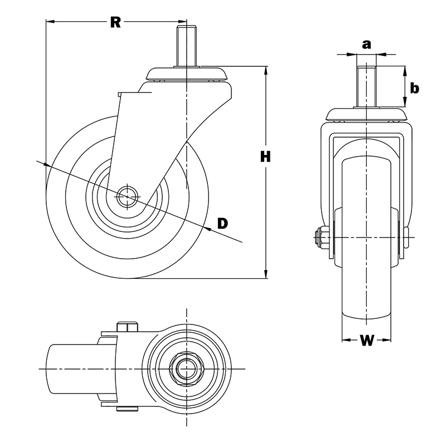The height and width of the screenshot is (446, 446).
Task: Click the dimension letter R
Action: (x=115, y=22)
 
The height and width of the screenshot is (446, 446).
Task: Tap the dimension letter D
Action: (x=222, y=224)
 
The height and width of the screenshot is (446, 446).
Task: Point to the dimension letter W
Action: (x=366, y=341)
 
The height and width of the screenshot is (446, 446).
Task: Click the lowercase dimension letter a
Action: (x=366, y=44)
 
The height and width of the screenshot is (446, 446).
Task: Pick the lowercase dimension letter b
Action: (x=414, y=88)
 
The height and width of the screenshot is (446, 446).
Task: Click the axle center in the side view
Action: (x=128, y=195)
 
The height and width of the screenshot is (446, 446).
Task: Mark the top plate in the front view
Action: (x=366, y=114)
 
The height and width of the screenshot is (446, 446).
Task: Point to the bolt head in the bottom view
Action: (x=128, y=326)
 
